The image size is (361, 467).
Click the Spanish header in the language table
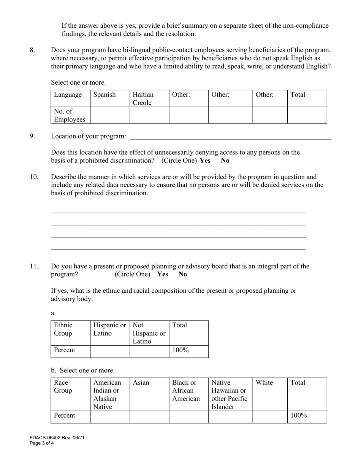[104, 95]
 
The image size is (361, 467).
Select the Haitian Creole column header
[143, 99]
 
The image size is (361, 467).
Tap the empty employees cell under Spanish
[110, 115]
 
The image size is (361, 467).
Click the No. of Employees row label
[69, 115]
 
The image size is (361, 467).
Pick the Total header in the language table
[298, 95]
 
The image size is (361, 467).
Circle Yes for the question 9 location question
[205, 160]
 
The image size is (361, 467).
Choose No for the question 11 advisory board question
[183, 274]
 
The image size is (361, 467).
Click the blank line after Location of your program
[230, 137]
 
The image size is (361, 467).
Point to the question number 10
[34, 177]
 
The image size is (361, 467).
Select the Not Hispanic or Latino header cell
[149, 333]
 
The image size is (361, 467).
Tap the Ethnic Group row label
[63, 329]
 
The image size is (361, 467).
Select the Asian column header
[141, 383]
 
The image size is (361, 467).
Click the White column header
[264, 383]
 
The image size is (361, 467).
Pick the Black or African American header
[186, 391]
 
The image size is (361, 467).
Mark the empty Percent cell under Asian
[149, 417]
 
